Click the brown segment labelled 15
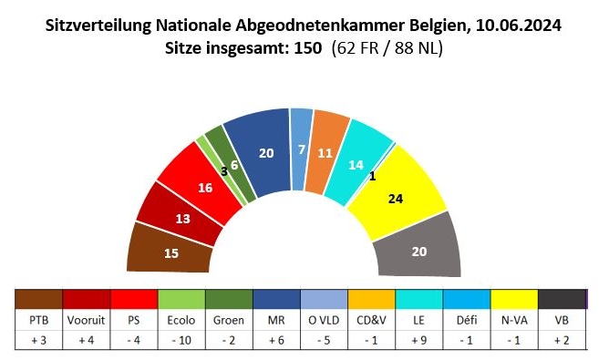170,252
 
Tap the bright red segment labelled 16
206,186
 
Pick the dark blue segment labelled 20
264,152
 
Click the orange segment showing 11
324,152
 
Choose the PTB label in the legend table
39,321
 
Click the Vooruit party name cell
86,321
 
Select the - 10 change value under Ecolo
181,344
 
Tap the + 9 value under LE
419,344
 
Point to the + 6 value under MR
276,344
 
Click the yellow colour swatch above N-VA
514,299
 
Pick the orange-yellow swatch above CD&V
372,299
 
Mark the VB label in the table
563,321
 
